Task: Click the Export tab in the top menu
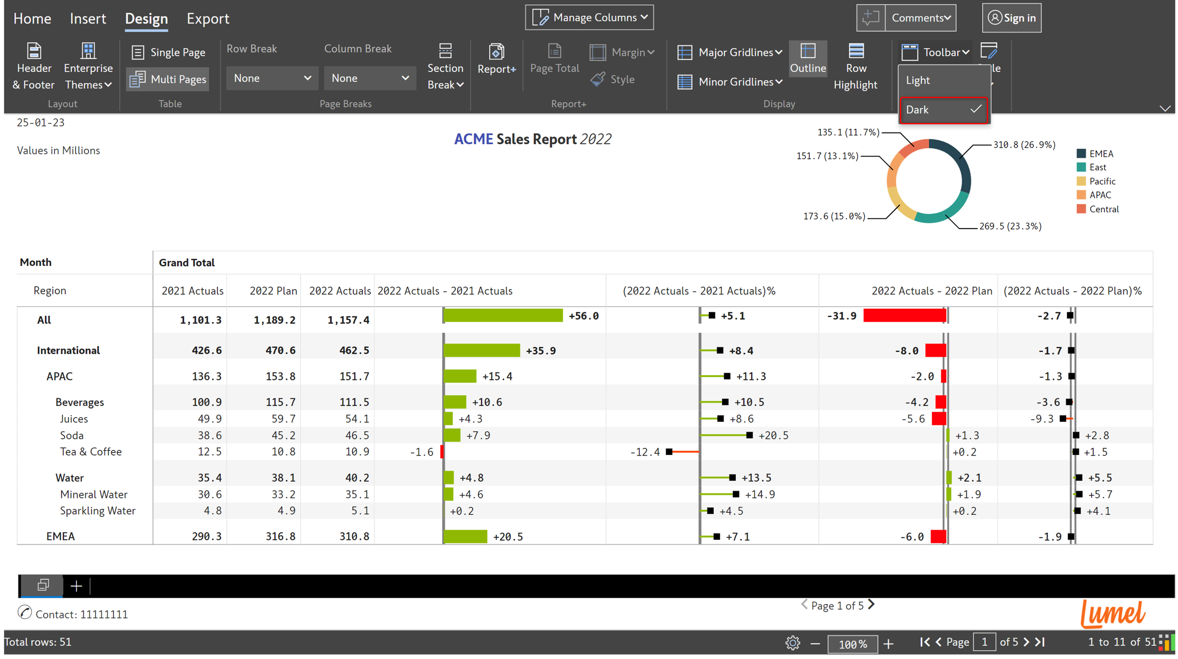208,19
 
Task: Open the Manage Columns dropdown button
590,18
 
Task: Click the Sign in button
1012,18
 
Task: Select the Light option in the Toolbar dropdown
918,80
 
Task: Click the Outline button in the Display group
808,58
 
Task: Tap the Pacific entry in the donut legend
1102,181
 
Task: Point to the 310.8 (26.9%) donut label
1024,145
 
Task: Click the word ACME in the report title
473,139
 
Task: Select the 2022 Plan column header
273,291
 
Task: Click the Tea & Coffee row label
91,452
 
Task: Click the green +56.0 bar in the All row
503,316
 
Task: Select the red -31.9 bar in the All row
904,316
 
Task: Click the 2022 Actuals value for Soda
354,436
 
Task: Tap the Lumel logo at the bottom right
1113,613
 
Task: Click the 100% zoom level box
852,644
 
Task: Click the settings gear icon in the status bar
792,643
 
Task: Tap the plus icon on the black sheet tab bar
76,586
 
